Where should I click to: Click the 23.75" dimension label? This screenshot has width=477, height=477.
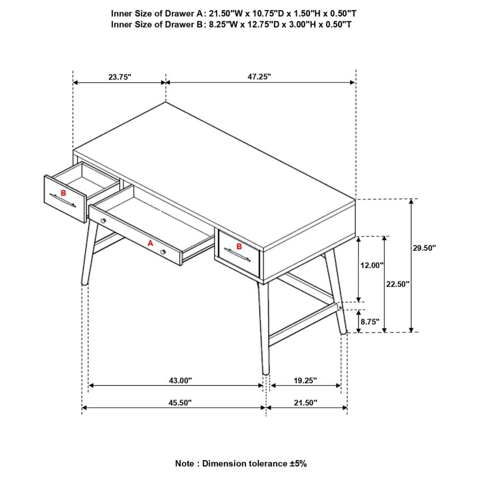[120, 77]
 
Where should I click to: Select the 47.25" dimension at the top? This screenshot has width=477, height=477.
[259, 76]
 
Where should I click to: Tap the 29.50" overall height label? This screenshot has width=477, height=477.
[424, 248]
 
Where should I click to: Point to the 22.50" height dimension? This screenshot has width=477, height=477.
[397, 284]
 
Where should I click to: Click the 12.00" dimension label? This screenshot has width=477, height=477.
[372, 266]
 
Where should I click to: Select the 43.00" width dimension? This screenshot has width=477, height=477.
[180, 380]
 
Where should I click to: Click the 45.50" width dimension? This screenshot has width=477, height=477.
[180, 403]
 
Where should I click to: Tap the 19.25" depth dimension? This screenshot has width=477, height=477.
[305, 380]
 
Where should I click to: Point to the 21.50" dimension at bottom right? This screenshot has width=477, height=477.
[305, 403]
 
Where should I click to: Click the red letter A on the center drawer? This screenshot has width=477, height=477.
[150, 243]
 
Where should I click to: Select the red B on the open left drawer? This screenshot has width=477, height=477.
[64, 193]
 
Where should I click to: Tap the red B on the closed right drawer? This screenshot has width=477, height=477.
[239, 246]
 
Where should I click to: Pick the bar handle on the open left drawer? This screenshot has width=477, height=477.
[64, 201]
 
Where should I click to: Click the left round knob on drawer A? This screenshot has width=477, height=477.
[103, 220]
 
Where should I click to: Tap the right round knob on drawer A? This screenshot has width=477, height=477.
[164, 252]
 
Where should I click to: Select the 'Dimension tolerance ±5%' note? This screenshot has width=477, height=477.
[241, 463]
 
